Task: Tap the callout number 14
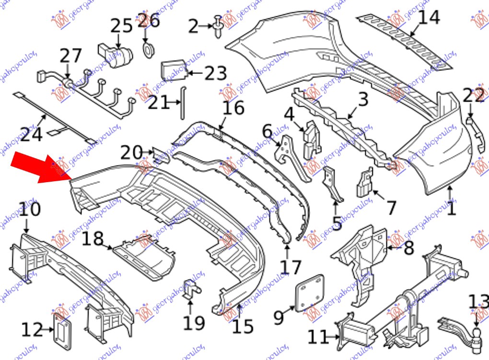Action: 428,18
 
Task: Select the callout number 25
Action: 121,25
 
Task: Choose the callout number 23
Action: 215,73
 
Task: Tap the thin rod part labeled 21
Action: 183,102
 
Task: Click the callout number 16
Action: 233,108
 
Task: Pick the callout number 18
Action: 92,238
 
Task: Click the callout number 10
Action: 30,209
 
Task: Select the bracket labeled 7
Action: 364,183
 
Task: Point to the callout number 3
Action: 363,100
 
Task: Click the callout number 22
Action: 474,96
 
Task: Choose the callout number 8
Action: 408,247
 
